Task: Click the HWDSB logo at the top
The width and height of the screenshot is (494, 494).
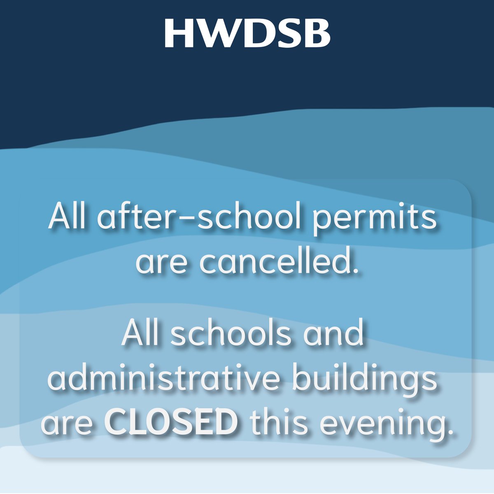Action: (x=247, y=33)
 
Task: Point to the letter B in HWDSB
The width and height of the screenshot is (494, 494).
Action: (x=317, y=33)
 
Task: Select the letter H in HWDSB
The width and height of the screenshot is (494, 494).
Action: (x=177, y=33)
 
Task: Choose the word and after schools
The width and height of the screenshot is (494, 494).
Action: (x=333, y=334)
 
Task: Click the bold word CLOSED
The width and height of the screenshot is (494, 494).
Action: (x=171, y=424)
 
